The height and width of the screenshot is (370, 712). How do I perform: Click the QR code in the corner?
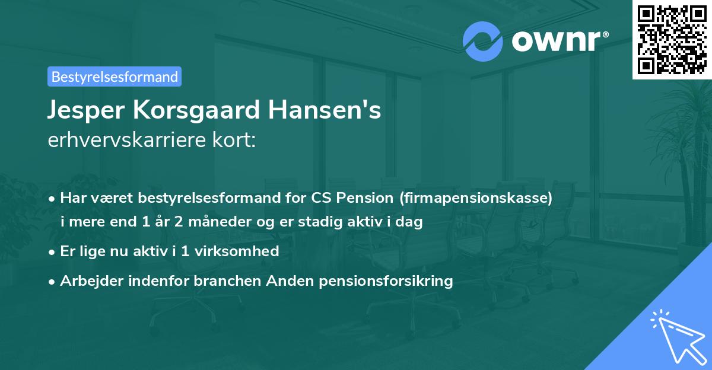coord(672,40)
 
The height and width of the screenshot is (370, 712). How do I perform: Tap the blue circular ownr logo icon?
coord(483,41)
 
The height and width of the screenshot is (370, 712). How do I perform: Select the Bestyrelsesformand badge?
coord(115,76)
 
